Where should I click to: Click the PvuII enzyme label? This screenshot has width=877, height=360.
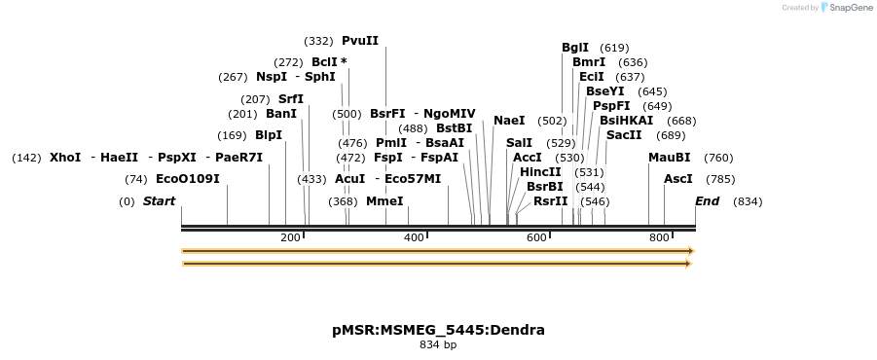click(x=360, y=41)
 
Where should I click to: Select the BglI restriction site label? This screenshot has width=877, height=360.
click(x=575, y=47)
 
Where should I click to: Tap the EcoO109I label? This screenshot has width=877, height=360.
click(x=188, y=179)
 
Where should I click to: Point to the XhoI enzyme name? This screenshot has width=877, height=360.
click(x=65, y=157)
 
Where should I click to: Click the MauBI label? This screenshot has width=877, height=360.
click(x=670, y=157)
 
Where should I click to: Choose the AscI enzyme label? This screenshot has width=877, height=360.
click(x=678, y=179)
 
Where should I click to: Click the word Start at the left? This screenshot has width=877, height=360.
click(x=159, y=201)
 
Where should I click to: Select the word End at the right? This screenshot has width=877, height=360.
click(x=707, y=201)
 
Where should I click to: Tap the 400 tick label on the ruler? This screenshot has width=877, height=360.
click(x=414, y=238)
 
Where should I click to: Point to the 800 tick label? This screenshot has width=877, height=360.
click(x=659, y=238)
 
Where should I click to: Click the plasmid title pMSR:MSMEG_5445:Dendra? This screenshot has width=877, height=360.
click(x=438, y=330)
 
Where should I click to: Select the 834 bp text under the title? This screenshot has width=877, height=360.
click(x=438, y=345)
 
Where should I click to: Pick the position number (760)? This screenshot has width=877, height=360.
click(x=718, y=158)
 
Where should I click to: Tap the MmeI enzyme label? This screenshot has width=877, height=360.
click(x=384, y=201)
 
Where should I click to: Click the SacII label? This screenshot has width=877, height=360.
click(x=624, y=135)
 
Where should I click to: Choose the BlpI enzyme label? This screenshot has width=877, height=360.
click(x=269, y=135)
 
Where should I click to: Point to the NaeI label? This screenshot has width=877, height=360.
click(x=509, y=121)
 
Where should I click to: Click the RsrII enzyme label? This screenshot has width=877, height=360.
click(x=550, y=201)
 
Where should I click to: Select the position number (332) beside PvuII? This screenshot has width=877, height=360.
click(x=318, y=42)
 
